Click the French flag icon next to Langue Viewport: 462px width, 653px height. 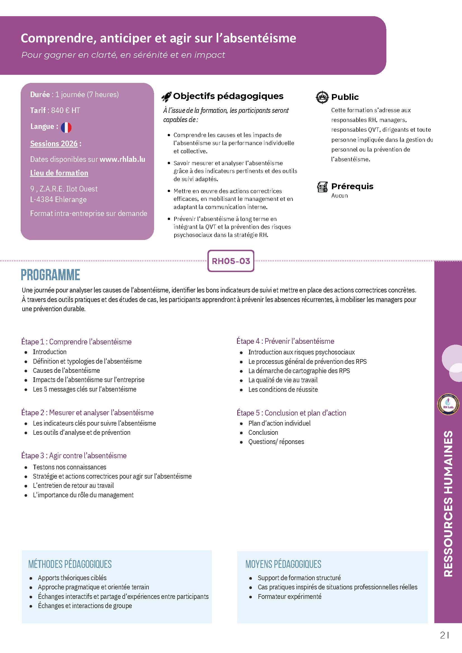pyautogui.click(x=66, y=128)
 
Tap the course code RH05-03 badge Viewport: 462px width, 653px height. pyautogui.click(x=231, y=261)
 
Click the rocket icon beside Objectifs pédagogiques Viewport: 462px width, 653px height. pyautogui.click(x=166, y=97)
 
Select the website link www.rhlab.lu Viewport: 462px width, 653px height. pyautogui.click(x=122, y=159)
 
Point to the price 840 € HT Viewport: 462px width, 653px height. pyautogui.click(x=65, y=110)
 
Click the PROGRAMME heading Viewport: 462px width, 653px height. pyautogui.click(x=50, y=275)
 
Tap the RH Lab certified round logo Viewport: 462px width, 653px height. pyautogui.click(x=448, y=404)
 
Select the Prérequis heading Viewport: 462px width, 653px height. pyautogui.click(x=352, y=186)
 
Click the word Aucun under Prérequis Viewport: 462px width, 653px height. pyautogui.click(x=339, y=196)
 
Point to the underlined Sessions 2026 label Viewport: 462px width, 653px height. pyautogui.click(x=54, y=144)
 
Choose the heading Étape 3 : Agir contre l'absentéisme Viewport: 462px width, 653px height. pyautogui.click(x=74, y=455)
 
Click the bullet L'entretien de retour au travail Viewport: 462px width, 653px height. pyautogui.click(x=73, y=485)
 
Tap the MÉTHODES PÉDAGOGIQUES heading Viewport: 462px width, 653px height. pyautogui.click(x=70, y=564)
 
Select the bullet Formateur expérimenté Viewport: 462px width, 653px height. pyautogui.click(x=289, y=596)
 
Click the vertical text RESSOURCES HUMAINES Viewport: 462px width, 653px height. pyautogui.click(x=448, y=503)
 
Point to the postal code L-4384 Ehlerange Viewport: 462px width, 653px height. pyautogui.click(x=58, y=199)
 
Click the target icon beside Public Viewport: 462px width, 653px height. pyautogui.click(x=322, y=97)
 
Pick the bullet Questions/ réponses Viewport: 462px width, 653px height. pyautogui.click(x=276, y=442)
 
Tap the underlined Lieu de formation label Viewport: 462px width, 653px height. pyautogui.click(x=59, y=173)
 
